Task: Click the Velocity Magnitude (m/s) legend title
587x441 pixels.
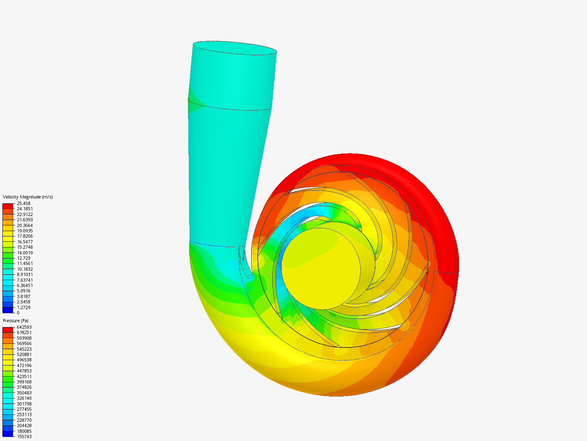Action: pos(28,197)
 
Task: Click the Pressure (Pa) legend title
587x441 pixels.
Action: pos(15,321)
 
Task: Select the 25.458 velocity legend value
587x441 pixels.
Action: pos(24,203)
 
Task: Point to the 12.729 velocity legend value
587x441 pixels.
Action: pos(24,258)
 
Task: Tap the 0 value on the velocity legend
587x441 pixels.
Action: pos(18,313)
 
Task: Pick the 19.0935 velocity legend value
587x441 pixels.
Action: pos(25,231)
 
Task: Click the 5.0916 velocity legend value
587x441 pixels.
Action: pos(24,291)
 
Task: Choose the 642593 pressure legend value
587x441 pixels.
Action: pos(24,327)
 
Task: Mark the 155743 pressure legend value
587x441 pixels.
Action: pos(24,437)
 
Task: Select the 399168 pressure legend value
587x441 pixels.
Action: pos(24,382)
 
